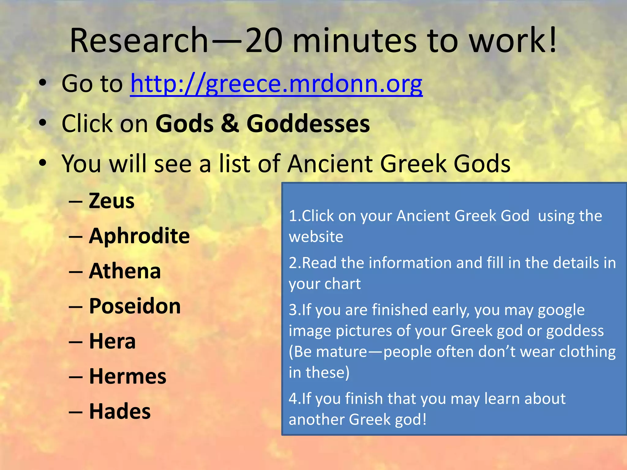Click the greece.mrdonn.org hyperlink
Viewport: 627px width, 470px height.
(276, 84)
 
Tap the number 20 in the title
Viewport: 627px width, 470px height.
(264, 40)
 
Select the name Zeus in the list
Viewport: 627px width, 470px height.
(111, 201)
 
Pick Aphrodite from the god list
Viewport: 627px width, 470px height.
(139, 236)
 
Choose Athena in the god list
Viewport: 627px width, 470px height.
(125, 271)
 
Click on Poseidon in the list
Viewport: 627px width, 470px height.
(135, 306)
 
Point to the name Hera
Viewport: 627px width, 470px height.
(112, 341)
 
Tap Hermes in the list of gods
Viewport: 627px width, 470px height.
(128, 376)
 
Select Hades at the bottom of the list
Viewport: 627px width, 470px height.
(120, 411)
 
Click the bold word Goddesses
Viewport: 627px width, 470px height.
(308, 124)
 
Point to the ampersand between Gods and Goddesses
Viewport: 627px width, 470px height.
(230, 124)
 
